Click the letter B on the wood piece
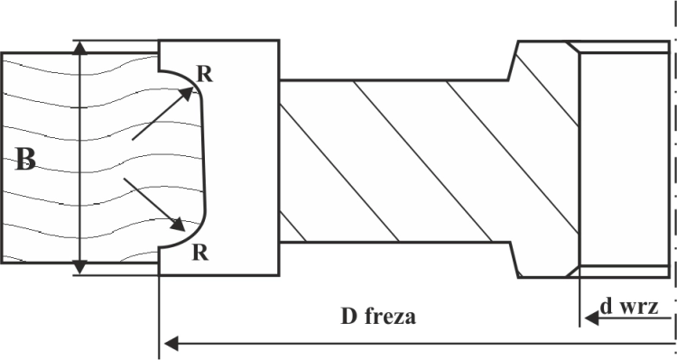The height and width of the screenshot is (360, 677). click(25, 160)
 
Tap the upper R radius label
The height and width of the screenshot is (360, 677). click(205, 74)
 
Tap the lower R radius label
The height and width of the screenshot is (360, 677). click(199, 253)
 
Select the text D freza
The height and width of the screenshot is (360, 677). click(378, 316)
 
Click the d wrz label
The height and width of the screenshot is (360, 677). click(629, 307)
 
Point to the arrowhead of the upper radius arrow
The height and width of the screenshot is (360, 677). click(186, 93)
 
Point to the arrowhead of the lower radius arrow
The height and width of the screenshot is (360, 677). click(179, 224)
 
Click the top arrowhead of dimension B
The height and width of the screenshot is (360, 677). click(79, 47)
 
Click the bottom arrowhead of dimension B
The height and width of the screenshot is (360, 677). click(79, 268)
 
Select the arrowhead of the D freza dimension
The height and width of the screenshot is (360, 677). click(171, 344)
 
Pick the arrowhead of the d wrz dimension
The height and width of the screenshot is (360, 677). click(591, 318)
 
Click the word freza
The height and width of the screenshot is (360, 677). click(390, 316)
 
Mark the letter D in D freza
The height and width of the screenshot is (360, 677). click(348, 317)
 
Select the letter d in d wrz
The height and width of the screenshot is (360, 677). click(607, 307)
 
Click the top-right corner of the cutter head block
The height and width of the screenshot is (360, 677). click(279, 41)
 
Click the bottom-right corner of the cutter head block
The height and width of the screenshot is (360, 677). click(279, 274)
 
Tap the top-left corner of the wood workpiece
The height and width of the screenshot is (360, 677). click(2, 53)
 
